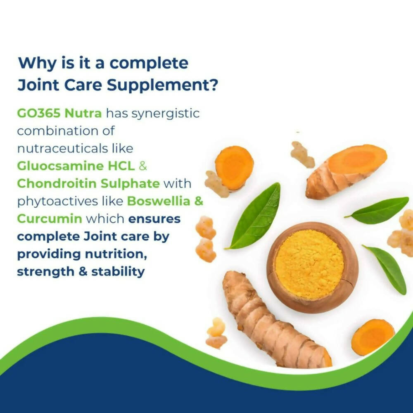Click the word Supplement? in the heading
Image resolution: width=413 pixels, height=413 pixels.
pos(162,85)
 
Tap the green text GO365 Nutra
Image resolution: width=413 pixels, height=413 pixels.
pos(59,114)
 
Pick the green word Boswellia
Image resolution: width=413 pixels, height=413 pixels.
pos(159,201)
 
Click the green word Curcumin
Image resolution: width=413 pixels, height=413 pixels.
pos(50,219)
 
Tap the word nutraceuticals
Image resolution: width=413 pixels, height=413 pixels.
pos(62,149)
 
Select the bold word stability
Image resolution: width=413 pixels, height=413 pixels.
pos(118,272)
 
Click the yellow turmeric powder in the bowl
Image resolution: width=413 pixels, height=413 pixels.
pos(309,264)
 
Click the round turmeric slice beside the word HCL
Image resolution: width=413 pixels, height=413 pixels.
pos(234,168)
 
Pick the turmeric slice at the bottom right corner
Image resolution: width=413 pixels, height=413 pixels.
pos(373,337)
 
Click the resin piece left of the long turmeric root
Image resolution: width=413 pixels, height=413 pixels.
pos(216,333)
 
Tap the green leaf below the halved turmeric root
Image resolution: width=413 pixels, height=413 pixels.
pos(377,210)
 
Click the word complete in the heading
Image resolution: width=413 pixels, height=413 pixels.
pos(149,64)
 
